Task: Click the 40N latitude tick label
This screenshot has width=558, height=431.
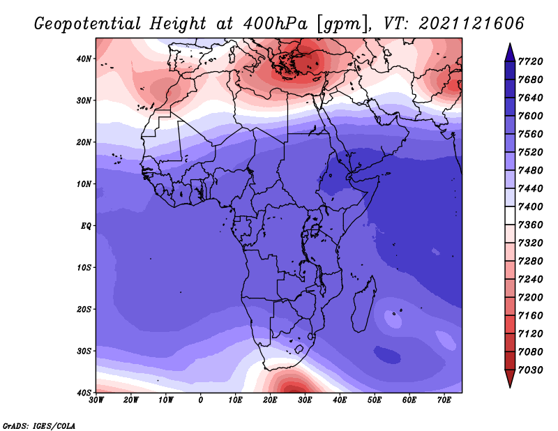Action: [84, 59]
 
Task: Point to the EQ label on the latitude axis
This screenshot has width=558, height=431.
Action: [86, 226]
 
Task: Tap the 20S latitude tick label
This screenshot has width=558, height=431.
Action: [84, 309]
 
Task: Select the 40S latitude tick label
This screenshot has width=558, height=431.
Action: [84, 393]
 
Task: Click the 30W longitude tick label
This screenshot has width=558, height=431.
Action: [96, 400]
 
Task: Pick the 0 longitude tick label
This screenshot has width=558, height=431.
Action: [201, 400]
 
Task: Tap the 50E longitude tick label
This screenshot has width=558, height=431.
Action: [375, 400]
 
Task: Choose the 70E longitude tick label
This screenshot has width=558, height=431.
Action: [444, 400]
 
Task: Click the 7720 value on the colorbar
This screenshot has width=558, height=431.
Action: [531, 61]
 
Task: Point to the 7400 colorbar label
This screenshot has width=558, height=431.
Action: [531, 206]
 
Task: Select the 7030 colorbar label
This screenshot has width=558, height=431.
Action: [531, 370]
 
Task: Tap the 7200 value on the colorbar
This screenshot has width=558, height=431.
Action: [531, 298]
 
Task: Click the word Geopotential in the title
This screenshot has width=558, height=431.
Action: [88, 24]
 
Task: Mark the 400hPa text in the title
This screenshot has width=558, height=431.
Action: [275, 24]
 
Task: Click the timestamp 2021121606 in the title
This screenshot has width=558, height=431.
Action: [472, 24]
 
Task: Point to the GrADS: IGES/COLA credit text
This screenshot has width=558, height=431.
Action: [39, 425]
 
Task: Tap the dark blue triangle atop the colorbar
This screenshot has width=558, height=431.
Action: [510, 52]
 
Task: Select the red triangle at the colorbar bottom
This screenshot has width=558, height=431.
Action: [510, 379]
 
